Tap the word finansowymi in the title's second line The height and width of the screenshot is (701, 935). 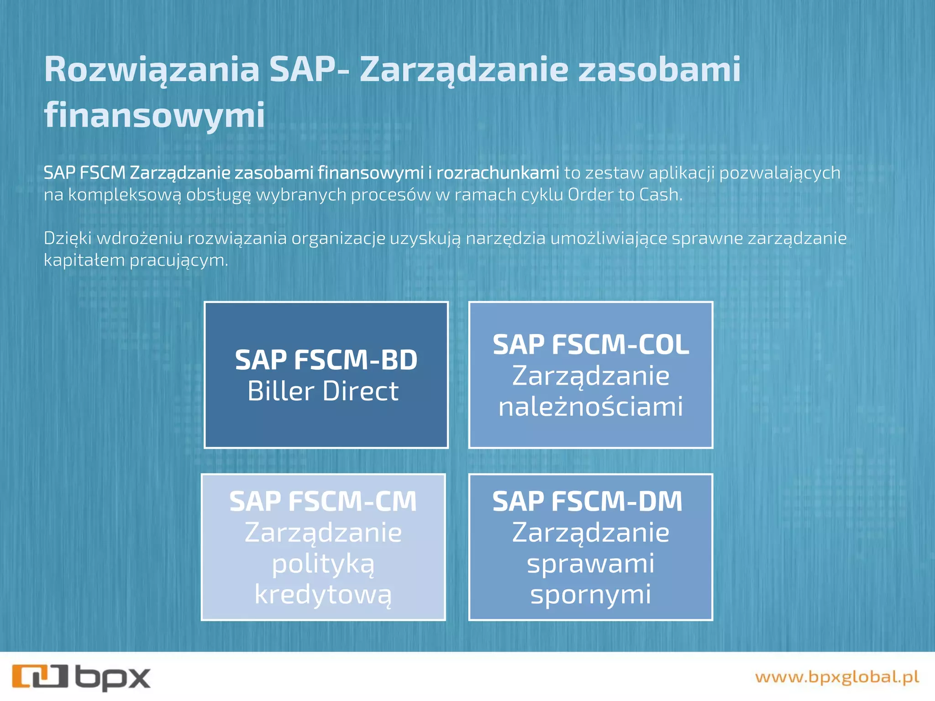click(x=154, y=115)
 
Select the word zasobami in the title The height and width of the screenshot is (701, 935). click(x=659, y=69)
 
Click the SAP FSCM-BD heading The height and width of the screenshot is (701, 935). click(x=326, y=360)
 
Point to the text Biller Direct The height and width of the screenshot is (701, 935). click(x=323, y=391)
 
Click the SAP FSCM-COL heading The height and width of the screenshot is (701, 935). click(x=591, y=345)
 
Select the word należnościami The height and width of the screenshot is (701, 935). click(x=591, y=407)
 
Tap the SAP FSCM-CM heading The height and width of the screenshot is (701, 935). click(x=323, y=501)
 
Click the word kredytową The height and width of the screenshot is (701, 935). click(x=323, y=595)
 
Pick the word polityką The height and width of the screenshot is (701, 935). click(x=323, y=564)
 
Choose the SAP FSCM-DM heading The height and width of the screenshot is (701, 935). click(x=587, y=501)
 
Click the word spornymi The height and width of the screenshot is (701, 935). click(x=591, y=595)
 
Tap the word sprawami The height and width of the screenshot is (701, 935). click(x=591, y=564)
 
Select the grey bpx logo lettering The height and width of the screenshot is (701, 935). click(x=113, y=678)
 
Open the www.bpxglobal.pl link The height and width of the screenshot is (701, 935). click(x=837, y=677)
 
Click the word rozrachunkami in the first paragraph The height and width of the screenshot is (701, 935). click(x=498, y=173)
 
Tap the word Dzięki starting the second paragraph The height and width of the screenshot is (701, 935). click(x=68, y=239)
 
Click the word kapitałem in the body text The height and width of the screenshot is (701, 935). click(x=84, y=260)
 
